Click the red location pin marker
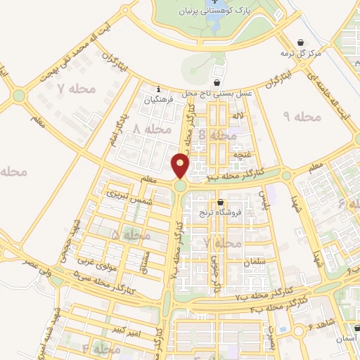click(181, 165)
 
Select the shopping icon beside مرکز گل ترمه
click(301, 41)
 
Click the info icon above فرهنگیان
click(160, 89)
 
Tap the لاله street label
click(240, 114)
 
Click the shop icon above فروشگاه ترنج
click(221, 203)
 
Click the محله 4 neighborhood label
click(96, 348)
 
